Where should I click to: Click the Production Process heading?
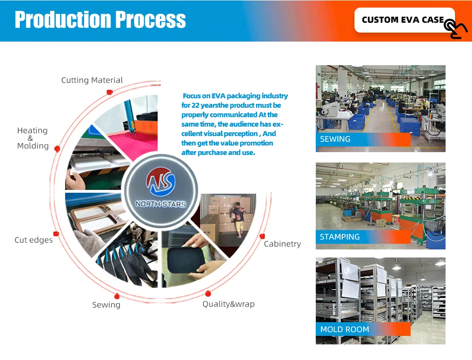pos(100,20)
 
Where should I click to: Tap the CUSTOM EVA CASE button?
pos(402,20)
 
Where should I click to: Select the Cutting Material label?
pos(92,80)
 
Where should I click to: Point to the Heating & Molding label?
pos(33,138)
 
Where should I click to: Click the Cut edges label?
pos(34,240)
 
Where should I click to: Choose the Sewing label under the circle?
pos(106,305)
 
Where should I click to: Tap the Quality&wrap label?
pos(228,304)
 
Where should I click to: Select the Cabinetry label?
pos(282,244)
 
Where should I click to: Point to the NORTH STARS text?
pos(160,204)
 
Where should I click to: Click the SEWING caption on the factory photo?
pos(335,139)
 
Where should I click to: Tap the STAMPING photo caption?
pos(340,237)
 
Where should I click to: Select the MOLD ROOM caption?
pos(345,329)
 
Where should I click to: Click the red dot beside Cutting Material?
pos(110,92)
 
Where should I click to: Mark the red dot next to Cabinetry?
pos(262,236)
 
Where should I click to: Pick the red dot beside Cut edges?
pos(56,233)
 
